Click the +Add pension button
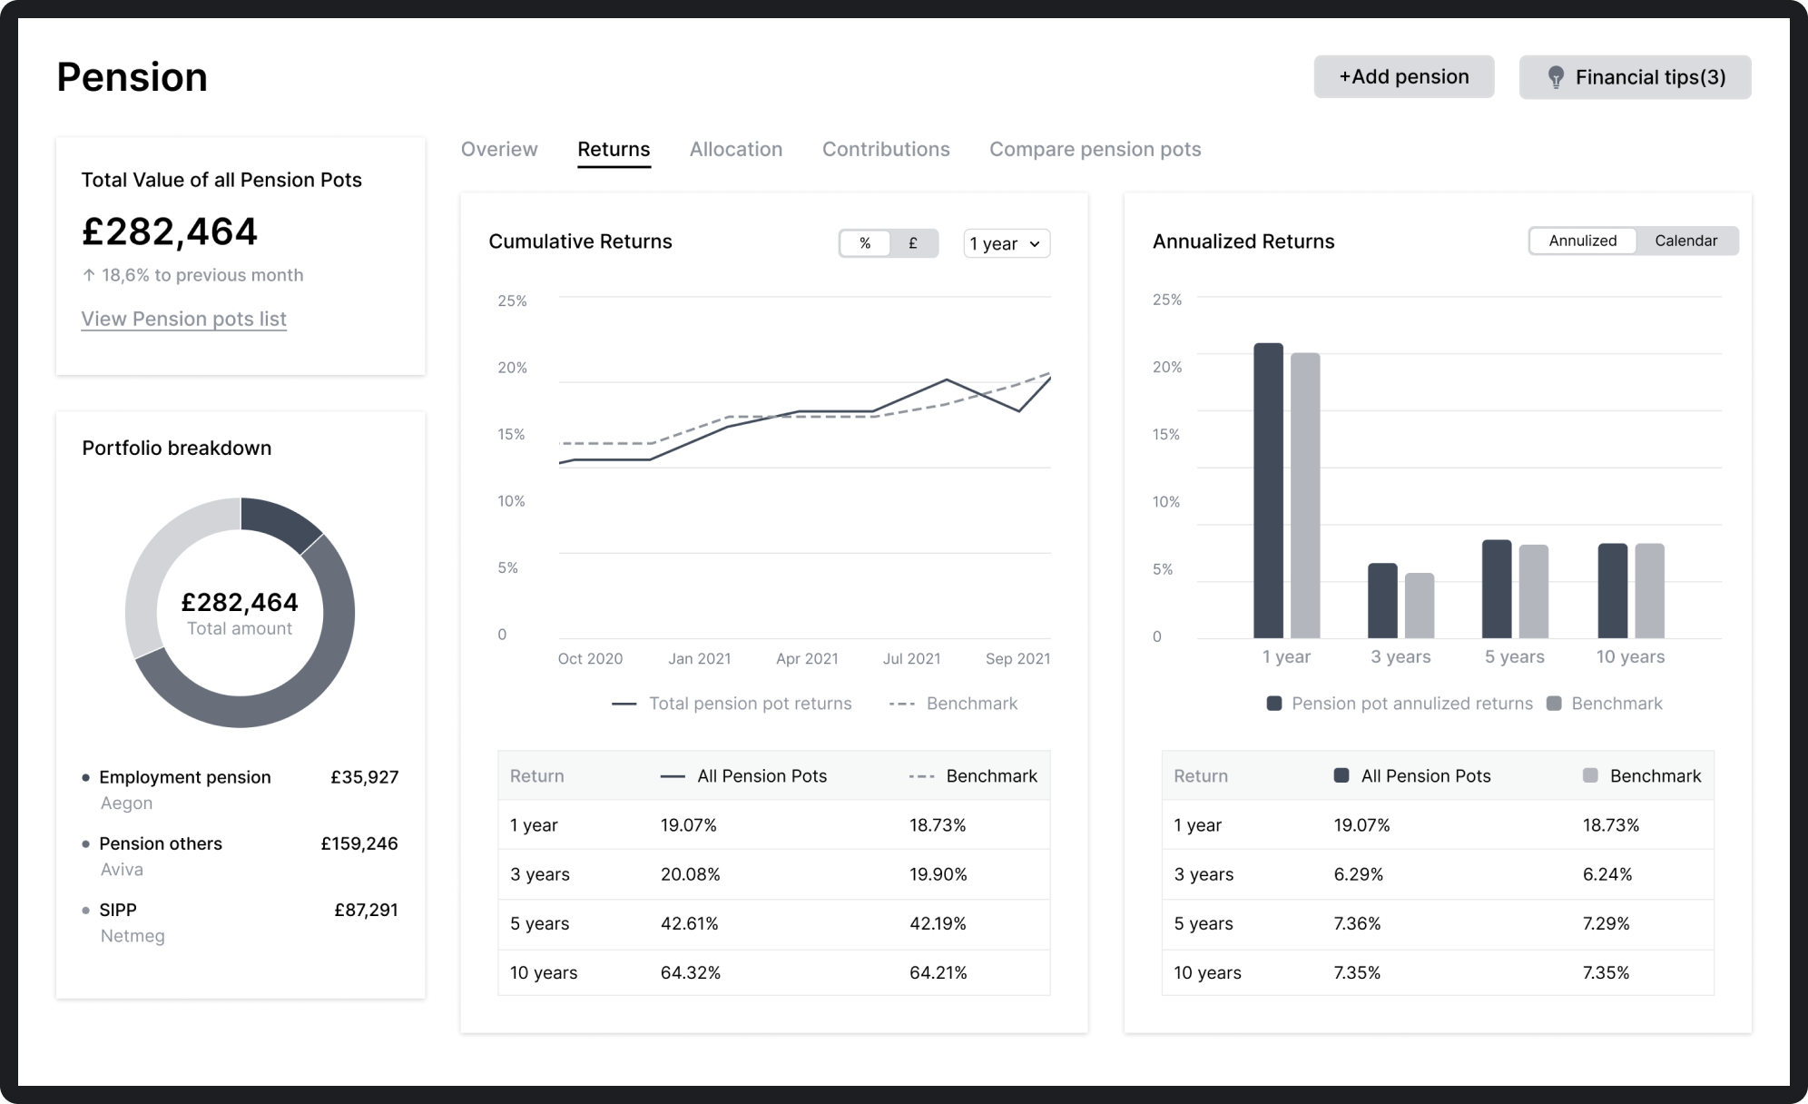[1403, 77]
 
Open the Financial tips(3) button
[1635, 77]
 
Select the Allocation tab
[735, 149]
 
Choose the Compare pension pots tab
[1095, 149]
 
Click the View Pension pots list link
[183, 319]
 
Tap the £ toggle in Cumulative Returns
[912, 243]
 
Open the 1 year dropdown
[1006, 243]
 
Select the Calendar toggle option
[1685, 241]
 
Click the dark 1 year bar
[1268, 490]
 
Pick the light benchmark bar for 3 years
[1420, 605]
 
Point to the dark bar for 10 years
[1612, 590]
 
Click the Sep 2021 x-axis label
[1017, 659]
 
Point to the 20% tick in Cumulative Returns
[512, 368]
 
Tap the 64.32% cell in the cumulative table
[690, 972]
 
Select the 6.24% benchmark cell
[1607, 874]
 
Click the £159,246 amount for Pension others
[359, 843]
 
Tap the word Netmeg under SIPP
[133, 936]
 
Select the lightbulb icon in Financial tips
[1555, 77]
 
